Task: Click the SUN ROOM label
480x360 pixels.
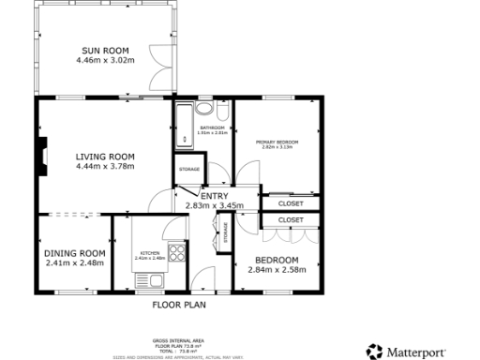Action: click(x=105, y=51)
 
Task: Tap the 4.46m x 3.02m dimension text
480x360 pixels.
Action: click(x=105, y=61)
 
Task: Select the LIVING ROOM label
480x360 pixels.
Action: click(x=105, y=157)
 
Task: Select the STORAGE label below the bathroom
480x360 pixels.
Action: click(x=188, y=169)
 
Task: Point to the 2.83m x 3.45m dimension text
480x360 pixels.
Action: click(x=215, y=205)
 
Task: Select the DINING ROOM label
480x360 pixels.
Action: click(x=75, y=253)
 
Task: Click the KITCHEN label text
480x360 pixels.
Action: click(x=151, y=252)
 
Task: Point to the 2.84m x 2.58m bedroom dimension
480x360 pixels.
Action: click(x=277, y=270)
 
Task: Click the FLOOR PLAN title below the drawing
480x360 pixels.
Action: click(x=179, y=304)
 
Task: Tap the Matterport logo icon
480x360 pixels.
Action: click(x=374, y=351)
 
